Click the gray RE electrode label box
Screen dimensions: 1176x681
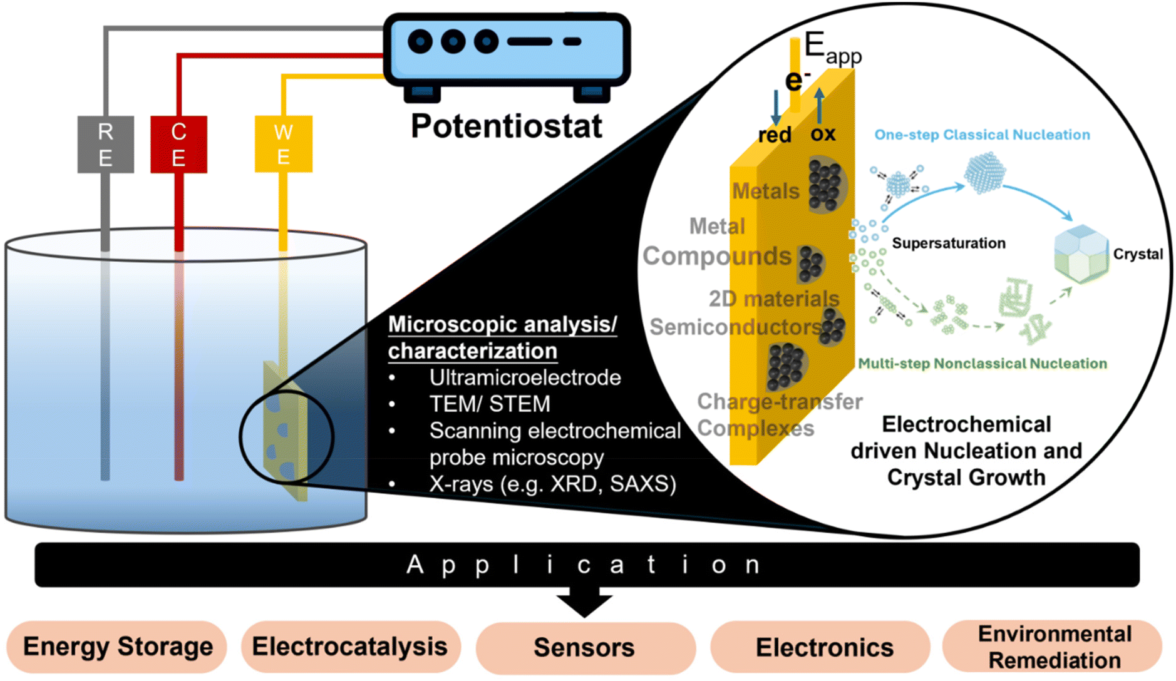(105, 144)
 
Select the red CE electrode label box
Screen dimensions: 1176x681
(178, 144)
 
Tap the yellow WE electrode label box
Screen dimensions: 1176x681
(283, 144)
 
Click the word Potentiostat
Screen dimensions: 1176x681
(506, 126)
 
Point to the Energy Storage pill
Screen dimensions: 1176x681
(117, 647)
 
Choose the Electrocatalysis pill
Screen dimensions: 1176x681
(351, 647)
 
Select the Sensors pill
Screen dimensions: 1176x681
(585, 648)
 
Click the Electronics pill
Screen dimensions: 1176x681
(820, 647)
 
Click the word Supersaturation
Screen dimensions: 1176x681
(949, 243)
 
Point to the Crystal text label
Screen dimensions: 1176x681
(1138, 254)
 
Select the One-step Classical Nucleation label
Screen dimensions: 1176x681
(982, 135)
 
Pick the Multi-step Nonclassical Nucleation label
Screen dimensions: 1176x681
(982, 364)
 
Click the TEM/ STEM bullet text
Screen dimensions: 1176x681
(490, 404)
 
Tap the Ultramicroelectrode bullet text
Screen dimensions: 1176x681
(525, 377)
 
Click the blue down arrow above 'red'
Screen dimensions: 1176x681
(776, 107)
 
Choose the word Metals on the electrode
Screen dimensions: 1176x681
(766, 191)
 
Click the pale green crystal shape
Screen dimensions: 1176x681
(1081, 254)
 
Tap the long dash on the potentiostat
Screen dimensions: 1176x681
(530, 42)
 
